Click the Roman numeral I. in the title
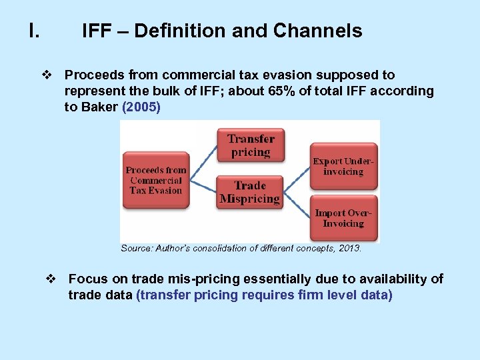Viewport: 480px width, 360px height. pyautogui.click(x=34, y=31)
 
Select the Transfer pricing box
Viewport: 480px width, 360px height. pyautogui.click(x=251, y=145)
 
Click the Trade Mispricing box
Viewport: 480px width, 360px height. pyautogui.click(x=251, y=192)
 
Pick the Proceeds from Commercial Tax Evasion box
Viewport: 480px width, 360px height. pyautogui.click(x=156, y=180)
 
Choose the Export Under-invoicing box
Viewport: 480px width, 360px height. pyautogui.click(x=343, y=167)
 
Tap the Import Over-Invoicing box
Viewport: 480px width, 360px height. pyautogui.click(x=343, y=218)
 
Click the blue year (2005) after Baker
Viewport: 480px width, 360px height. pyautogui.click(x=141, y=107)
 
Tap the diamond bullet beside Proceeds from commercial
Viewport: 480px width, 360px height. pyautogui.click(x=47, y=75)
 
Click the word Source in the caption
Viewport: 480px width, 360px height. pyautogui.click(x=136, y=248)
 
